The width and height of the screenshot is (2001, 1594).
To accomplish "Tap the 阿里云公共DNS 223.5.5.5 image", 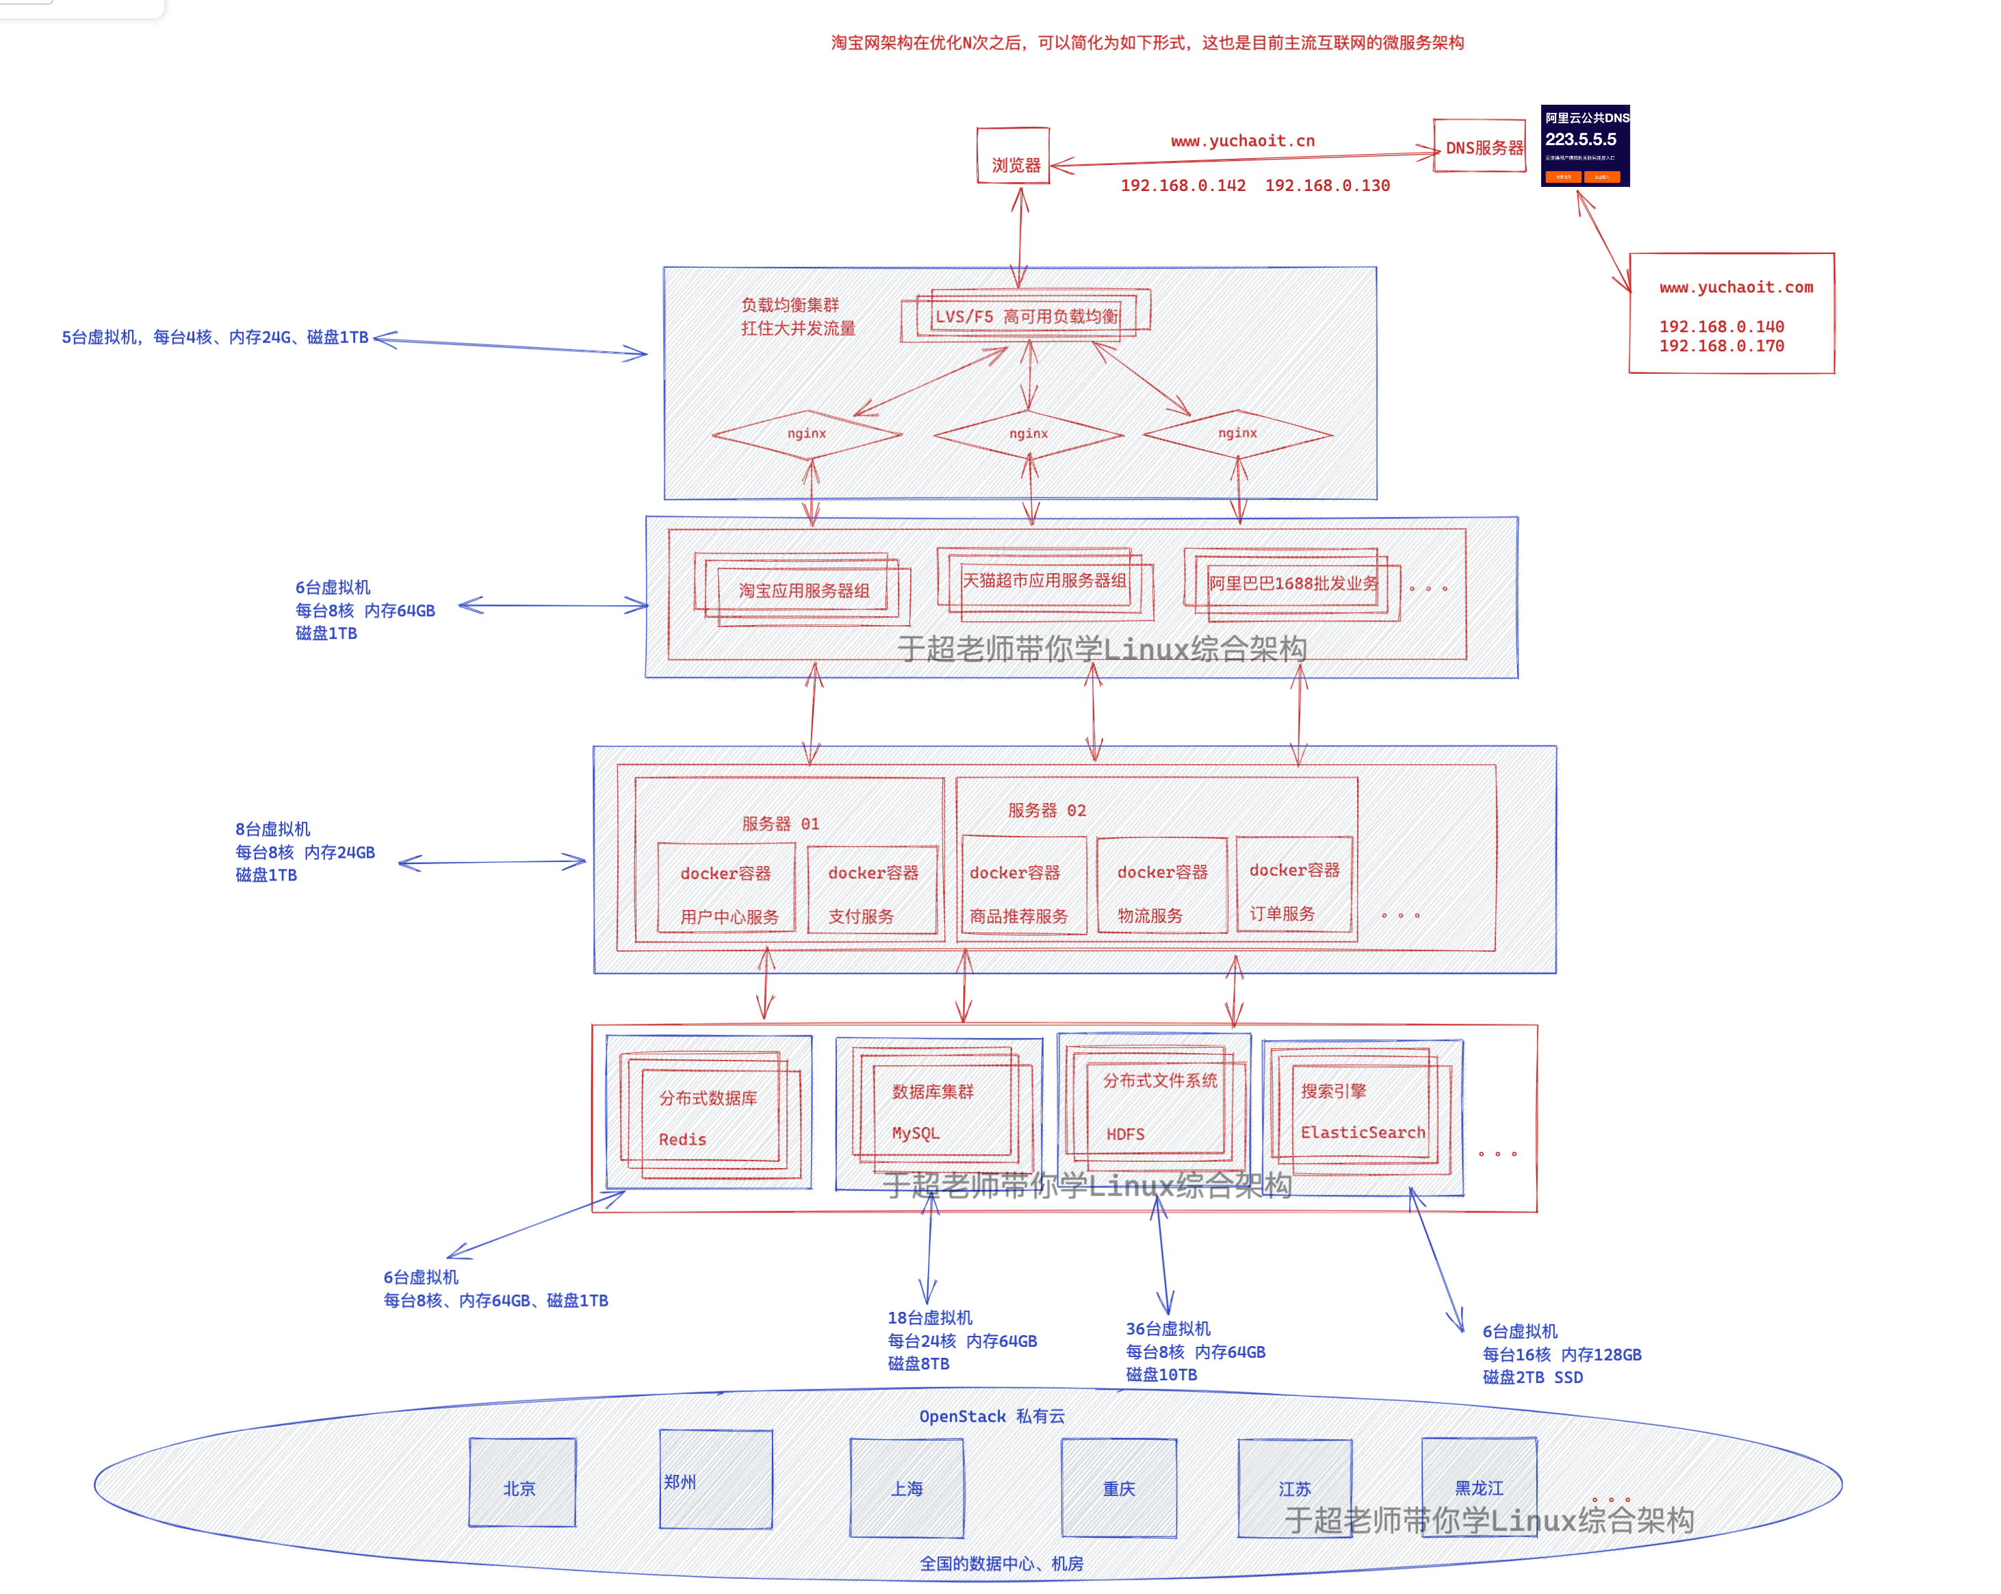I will tap(1585, 145).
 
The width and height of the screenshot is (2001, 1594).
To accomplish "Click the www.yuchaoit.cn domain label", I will tap(1243, 141).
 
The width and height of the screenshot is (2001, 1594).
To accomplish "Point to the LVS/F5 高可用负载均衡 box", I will tap(1026, 316).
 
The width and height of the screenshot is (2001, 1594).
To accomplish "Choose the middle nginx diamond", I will tap(1029, 433).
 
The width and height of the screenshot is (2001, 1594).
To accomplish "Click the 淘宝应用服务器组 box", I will tap(803, 590).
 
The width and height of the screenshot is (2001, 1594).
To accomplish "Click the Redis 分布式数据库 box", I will tap(708, 1116).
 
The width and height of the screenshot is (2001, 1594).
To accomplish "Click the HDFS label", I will tap(1125, 1135).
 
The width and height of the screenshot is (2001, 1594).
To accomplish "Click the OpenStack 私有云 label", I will tap(991, 1417).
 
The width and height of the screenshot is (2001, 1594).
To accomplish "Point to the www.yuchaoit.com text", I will tap(1735, 288).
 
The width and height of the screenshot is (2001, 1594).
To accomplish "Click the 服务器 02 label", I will tap(1047, 811).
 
